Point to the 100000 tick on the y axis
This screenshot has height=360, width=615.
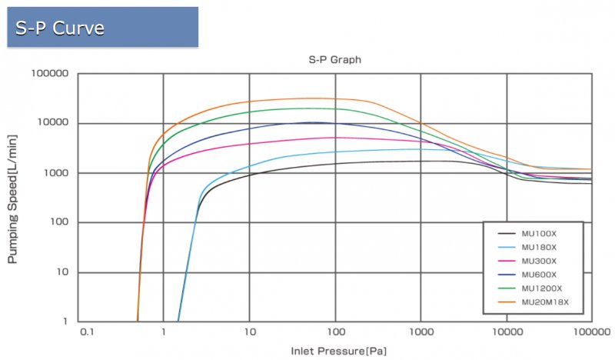pos(49,74)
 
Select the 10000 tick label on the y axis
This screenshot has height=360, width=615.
pos(52,123)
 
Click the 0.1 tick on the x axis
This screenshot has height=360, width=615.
pos(86,333)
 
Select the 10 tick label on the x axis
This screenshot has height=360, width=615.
pos(250,333)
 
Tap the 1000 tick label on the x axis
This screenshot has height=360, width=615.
pos(421,333)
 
